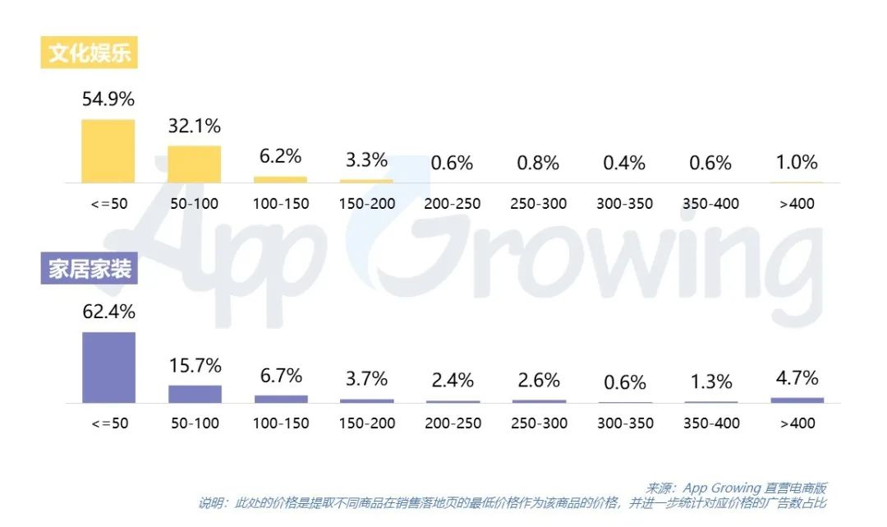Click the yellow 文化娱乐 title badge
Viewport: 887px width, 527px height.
click(x=90, y=53)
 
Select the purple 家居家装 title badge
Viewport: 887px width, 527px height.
click(x=90, y=269)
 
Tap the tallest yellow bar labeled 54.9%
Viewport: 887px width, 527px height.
click(x=108, y=151)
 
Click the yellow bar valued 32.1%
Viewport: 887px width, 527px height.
click(x=195, y=164)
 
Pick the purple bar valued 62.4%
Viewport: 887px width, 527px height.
click(x=108, y=368)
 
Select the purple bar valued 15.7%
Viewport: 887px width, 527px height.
click(x=195, y=394)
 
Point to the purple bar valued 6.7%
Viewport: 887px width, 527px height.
click(x=281, y=399)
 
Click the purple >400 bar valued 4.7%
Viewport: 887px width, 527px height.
click(x=797, y=400)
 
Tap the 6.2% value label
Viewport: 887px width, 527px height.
click(x=281, y=155)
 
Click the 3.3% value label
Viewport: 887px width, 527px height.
click(x=366, y=159)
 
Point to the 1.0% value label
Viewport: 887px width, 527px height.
click(x=797, y=162)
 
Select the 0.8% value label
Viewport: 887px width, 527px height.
click(x=538, y=163)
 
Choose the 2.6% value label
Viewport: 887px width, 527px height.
click(x=539, y=380)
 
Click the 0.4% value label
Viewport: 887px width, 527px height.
click(x=624, y=163)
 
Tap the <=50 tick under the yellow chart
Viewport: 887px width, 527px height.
click(x=108, y=203)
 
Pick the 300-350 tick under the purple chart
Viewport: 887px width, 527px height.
click(x=625, y=423)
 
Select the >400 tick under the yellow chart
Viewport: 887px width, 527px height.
click(x=797, y=203)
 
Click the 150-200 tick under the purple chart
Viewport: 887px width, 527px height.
click(x=367, y=423)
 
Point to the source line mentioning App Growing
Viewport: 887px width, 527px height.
click(x=736, y=488)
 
